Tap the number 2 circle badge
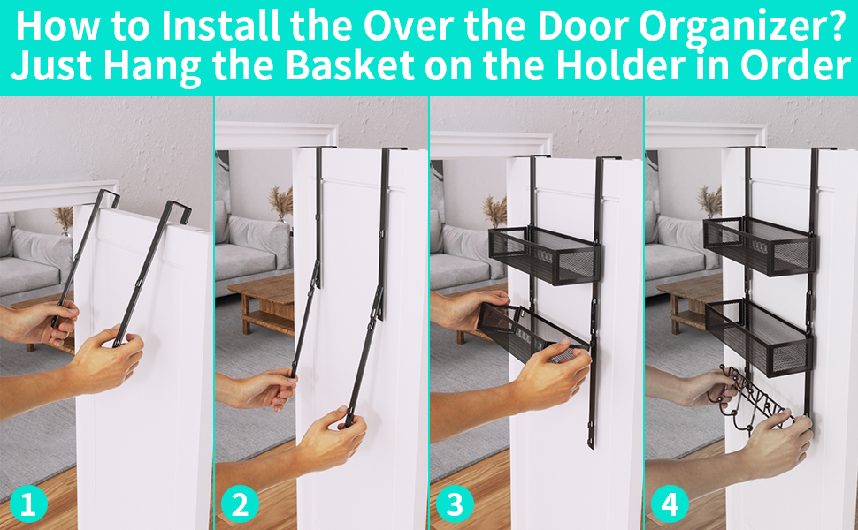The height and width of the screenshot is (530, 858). [240, 505]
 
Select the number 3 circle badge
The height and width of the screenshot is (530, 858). [456, 505]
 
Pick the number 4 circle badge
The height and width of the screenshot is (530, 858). [670, 505]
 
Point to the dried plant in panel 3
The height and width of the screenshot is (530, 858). [495, 210]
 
